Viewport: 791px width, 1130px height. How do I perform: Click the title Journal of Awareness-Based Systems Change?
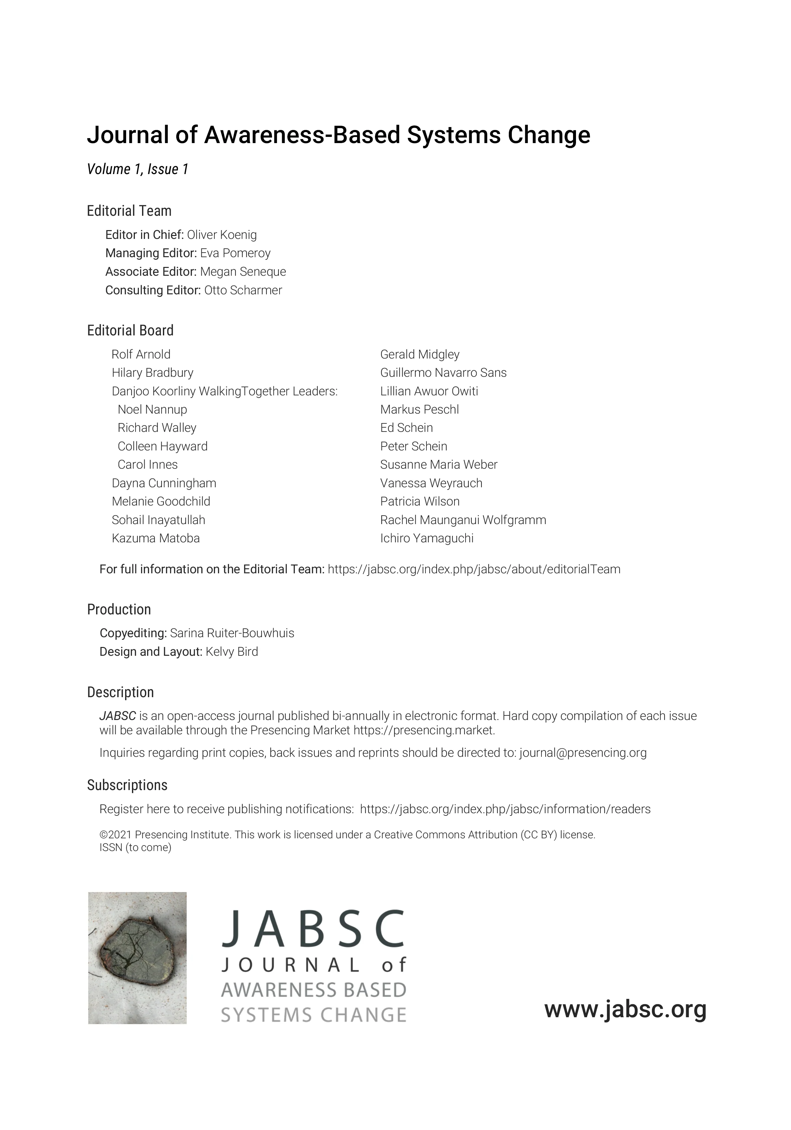(x=338, y=135)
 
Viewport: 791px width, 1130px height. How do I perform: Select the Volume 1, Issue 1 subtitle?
(x=138, y=169)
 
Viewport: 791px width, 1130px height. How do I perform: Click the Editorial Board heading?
(x=130, y=330)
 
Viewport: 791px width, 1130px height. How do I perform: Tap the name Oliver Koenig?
(x=222, y=235)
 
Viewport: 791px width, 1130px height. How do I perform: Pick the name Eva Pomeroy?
(x=235, y=253)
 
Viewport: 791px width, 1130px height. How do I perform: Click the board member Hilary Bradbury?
(x=152, y=373)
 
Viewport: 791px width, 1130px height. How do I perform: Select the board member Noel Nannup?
(x=152, y=409)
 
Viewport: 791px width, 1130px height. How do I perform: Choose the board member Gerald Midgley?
(x=420, y=354)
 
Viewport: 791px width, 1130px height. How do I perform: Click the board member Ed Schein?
(x=406, y=428)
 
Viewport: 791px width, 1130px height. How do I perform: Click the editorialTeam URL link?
(x=474, y=569)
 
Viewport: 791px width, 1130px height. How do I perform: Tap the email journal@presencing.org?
(x=583, y=753)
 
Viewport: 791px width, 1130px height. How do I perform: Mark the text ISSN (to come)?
(x=135, y=847)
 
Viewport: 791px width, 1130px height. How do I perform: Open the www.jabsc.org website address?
(x=625, y=1009)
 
